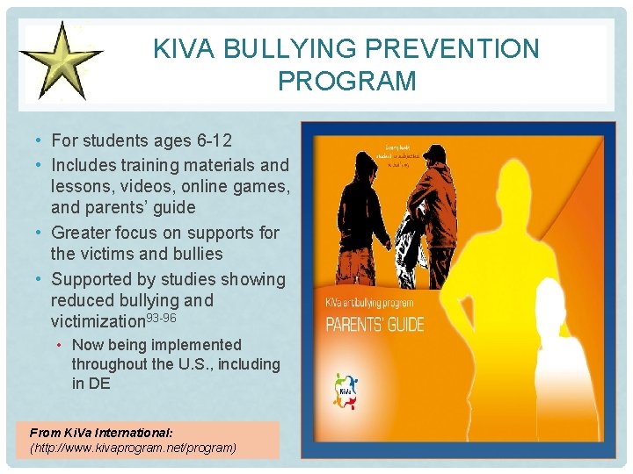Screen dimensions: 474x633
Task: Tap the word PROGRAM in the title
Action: [346, 82]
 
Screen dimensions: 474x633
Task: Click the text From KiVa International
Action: [101, 433]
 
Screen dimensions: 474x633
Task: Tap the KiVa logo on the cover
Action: [346, 391]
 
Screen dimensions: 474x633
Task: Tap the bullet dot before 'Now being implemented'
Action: [62, 345]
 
